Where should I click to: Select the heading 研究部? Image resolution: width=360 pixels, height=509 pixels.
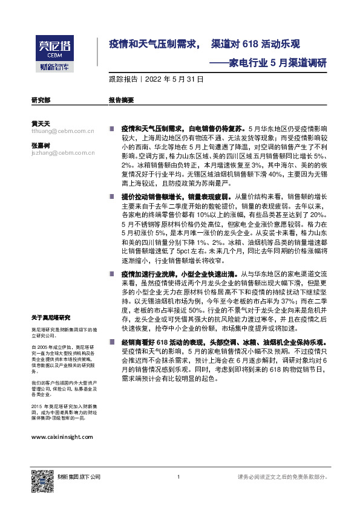click(x=41, y=99)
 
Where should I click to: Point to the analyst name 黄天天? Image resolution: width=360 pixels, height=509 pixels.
click(x=40, y=123)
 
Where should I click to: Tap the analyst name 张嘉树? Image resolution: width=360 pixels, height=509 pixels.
click(x=40, y=146)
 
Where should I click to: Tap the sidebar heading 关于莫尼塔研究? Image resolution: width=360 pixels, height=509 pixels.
click(x=51, y=317)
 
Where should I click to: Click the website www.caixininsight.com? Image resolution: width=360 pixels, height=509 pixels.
click(x=61, y=436)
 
